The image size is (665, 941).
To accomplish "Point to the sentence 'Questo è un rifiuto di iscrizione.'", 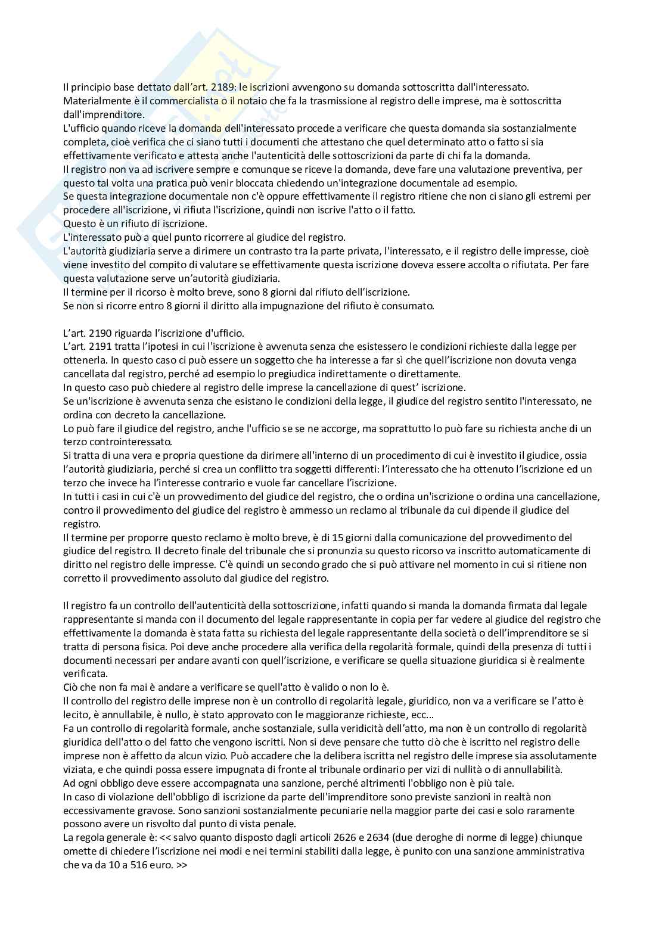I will [135, 224].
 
